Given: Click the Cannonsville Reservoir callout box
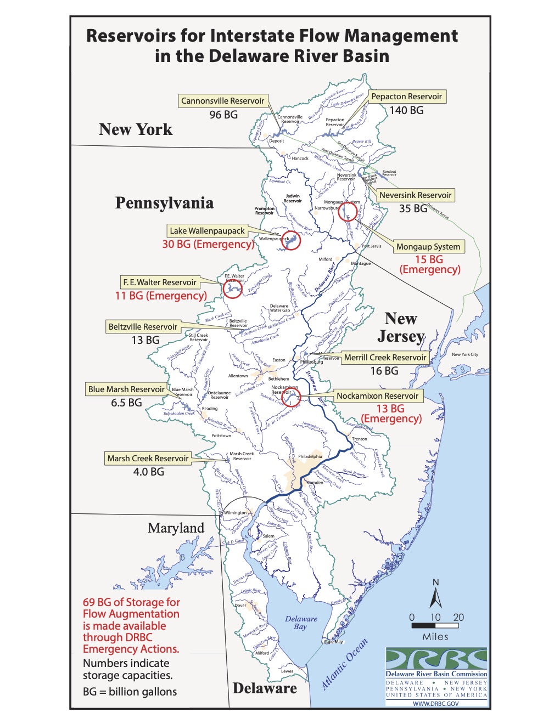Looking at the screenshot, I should coord(223,101).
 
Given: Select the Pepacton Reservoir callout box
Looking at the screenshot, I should coord(406,97).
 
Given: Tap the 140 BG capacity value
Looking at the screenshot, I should coord(406,110).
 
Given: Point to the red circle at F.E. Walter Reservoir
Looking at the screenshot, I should coord(233,289).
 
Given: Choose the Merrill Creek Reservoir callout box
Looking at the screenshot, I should coord(385,358).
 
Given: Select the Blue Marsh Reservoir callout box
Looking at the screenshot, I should coord(126,389).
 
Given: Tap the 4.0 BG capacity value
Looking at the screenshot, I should coord(148,472).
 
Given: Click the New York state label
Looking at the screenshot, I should coord(136,129).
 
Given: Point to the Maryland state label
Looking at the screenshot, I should coord(176,528).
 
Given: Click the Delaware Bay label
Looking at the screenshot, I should coord(301,623).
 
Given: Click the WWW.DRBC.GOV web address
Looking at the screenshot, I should coord(436,703).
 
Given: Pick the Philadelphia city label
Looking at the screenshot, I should coord(310,456).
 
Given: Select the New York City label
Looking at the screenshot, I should coord(464,354).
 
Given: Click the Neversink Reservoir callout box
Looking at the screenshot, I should coord(415,195).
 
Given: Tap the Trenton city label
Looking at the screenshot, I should coord(360,439).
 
